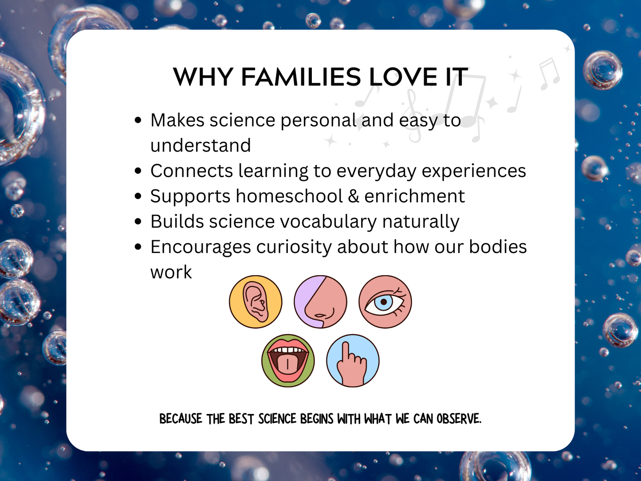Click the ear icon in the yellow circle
pyautogui.click(x=256, y=302)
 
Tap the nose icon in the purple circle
pyautogui.click(x=321, y=302)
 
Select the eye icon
pyautogui.click(x=385, y=302)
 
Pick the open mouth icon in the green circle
pyautogui.click(x=288, y=361)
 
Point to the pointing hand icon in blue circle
pyautogui.click(x=353, y=361)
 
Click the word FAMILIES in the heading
pyautogui.click(x=301, y=77)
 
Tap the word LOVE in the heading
pyautogui.click(x=403, y=77)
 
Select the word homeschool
pyautogui.click(x=289, y=196)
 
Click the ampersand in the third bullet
pyautogui.click(x=354, y=196)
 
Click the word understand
pyautogui.click(x=201, y=146)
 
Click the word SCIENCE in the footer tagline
pyautogui.click(x=277, y=419)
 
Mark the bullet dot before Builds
pyautogui.click(x=138, y=221)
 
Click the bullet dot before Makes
pyautogui.click(x=138, y=120)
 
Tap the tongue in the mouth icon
pyautogui.click(x=288, y=365)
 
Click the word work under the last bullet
pyautogui.click(x=171, y=272)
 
